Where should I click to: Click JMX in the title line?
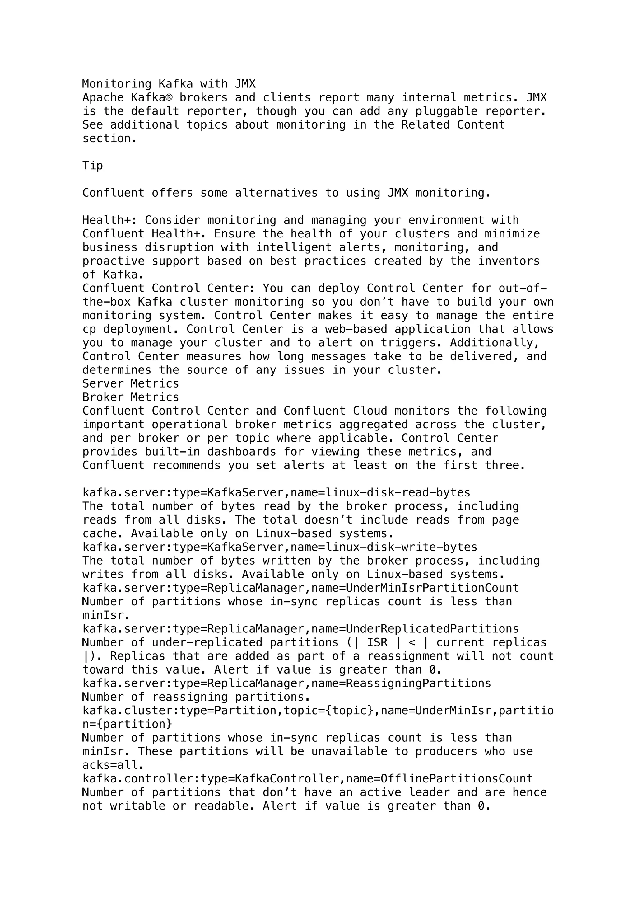click(245, 84)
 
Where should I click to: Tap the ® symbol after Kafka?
click(169, 98)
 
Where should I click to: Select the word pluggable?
click(447, 111)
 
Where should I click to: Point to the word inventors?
click(509, 261)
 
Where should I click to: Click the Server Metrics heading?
click(131, 384)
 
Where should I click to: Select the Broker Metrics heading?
click(131, 397)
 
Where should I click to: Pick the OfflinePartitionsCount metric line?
click(308, 779)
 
